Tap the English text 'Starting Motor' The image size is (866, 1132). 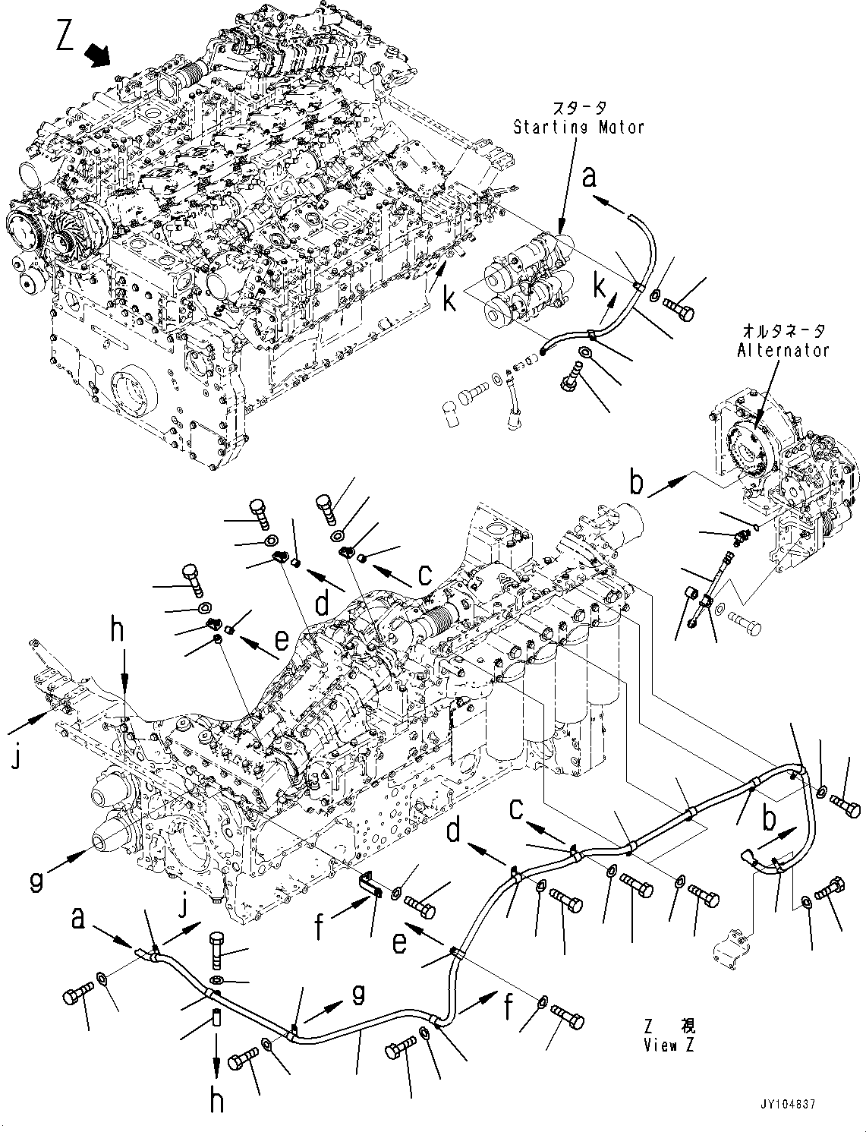(578, 128)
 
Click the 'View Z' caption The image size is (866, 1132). (668, 1045)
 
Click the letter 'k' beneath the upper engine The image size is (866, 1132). (449, 301)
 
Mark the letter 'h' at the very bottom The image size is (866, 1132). (218, 1100)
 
